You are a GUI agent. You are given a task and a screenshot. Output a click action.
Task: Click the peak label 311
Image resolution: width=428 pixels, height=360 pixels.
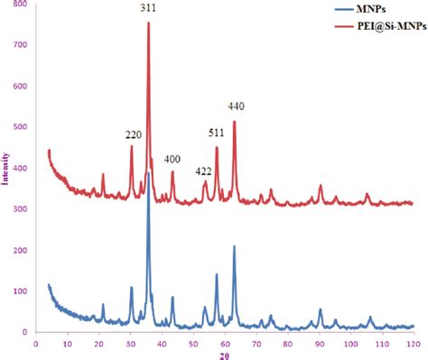tap(147, 8)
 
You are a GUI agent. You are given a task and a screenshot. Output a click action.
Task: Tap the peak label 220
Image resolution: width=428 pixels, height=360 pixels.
tap(134, 135)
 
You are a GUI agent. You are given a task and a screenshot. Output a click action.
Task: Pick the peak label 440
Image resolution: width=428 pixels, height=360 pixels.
tap(237, 106)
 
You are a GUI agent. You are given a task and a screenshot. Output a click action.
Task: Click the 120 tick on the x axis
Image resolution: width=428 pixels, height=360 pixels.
tap(414, 343)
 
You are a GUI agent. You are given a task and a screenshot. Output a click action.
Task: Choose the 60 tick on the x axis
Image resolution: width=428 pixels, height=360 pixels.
tap(225, 343)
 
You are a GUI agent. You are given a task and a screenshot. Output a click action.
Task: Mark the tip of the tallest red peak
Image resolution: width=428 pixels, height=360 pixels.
tap(148, 23)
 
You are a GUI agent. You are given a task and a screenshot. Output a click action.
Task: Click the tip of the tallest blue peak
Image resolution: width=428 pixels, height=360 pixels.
tap(148, 171)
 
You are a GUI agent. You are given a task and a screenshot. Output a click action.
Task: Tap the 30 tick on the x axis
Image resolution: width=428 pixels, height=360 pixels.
tap(130, 343)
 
